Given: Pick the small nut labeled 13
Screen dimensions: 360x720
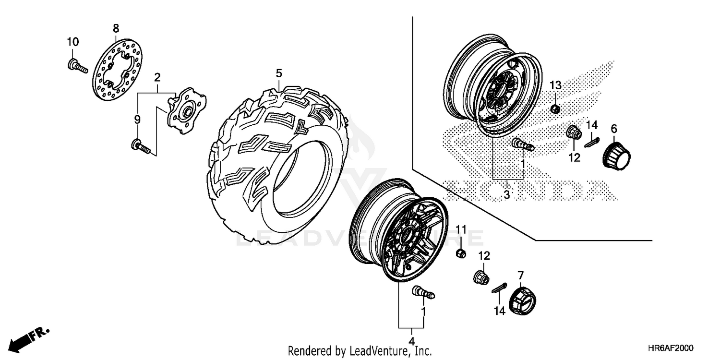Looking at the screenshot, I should click(x=554, y=109).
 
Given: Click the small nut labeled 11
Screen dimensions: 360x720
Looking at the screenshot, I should click(x=460, y=253).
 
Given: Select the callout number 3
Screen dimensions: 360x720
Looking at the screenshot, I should click(x=507, y=194).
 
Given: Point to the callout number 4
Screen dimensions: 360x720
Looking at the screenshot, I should click(x=411, y=343).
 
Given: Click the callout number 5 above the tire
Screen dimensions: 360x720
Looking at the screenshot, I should click(x=279, y=73).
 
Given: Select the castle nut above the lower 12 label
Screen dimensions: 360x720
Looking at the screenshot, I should click(x=480, y=277).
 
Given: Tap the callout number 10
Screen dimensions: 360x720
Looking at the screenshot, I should click(x=72, y=42).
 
